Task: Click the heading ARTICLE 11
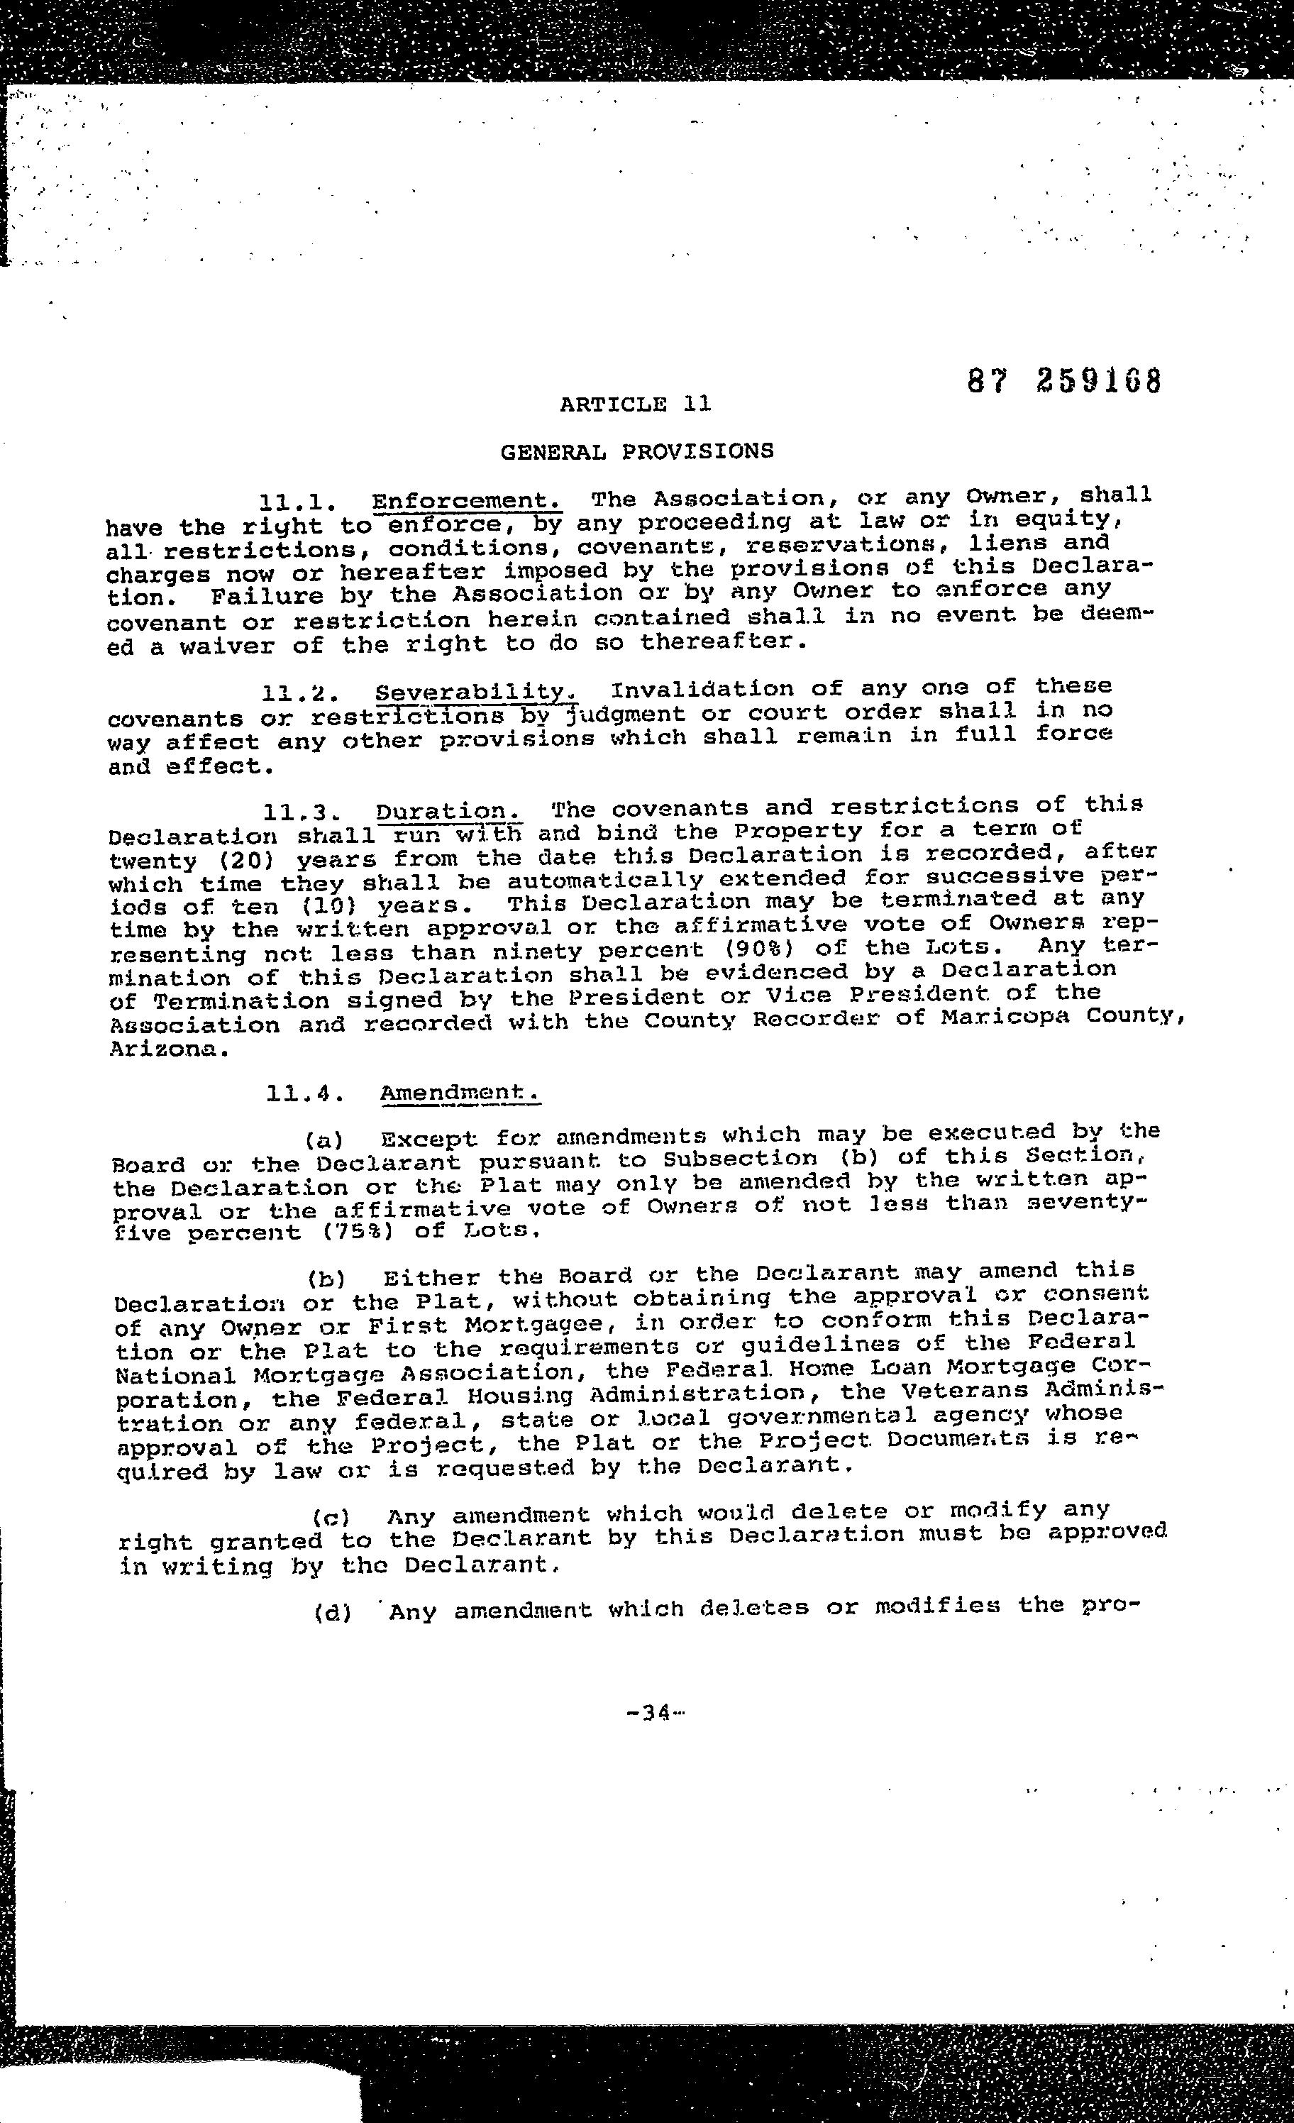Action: (635, 403)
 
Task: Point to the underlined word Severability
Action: (475, 692)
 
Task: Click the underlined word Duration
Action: (449, 811)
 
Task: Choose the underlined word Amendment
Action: (460, 1093)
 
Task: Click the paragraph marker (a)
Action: (324, 1141)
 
